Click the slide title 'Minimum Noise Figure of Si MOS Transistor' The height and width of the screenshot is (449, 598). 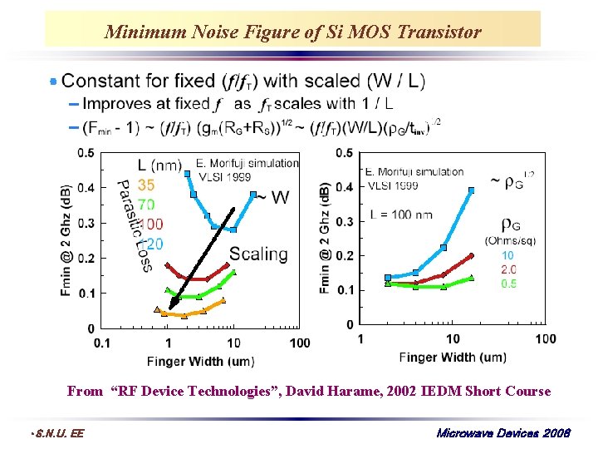pos(292,32)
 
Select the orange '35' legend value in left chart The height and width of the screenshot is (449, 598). pos(145,185)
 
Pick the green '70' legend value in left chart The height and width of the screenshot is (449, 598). pos(145,205)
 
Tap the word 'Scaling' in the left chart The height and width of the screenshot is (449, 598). pos(258,254)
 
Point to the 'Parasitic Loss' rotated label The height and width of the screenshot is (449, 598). pos(133,224)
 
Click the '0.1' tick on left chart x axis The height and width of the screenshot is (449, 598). pos(102,343)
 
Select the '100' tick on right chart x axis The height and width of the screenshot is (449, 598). pos(545,338)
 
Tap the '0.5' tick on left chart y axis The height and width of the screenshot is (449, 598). pos(86,153)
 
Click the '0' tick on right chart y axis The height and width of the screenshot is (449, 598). pos(350,324)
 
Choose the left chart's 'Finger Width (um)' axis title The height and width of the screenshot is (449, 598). pos(200,362)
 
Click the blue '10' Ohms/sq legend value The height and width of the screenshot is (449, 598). pos(507,255)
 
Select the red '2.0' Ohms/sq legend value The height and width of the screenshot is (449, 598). pos(507,269)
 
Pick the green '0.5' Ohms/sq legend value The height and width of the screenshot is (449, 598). pos(507,284)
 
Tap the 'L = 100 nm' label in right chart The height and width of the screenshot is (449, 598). pos(400,215)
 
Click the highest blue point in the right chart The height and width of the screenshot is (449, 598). pos(472,190)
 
